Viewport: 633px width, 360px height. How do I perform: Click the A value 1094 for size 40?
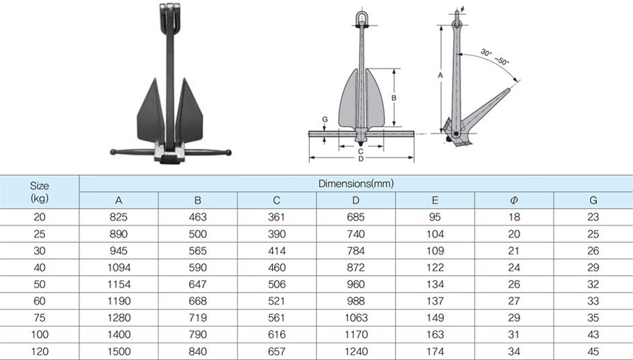click(119, 268)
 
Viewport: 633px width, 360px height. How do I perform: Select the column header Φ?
click(514, 200)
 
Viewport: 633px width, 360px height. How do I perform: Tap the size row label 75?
click(40, 318)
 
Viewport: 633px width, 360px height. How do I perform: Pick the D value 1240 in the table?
click(356, 351)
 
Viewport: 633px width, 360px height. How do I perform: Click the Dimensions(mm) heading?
click(356, 184)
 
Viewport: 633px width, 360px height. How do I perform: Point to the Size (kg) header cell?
click(40, 192)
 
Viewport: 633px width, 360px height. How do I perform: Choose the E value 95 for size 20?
click(435, 217)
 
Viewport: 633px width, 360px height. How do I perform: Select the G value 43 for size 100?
click(593, 334)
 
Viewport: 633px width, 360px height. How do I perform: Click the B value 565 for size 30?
click(198, 250)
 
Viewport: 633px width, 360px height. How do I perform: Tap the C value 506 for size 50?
click(277, 284)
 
